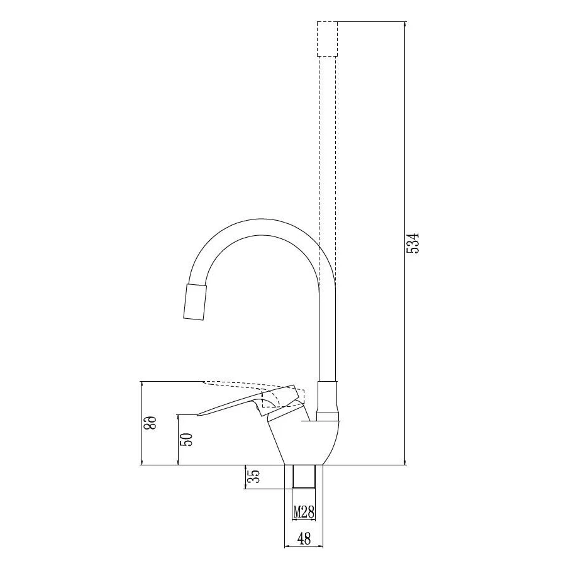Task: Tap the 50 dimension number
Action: click(x=188, y=440)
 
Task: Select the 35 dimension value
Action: click(x=254, y=477)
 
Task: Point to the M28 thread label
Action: click(x=304, y=512)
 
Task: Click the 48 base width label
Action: click(x=304, y=538)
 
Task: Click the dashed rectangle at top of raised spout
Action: click(x=327, y=39)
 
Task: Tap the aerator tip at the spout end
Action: click(x=196, y=302)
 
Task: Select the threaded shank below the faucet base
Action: click(x=304, y=477)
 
